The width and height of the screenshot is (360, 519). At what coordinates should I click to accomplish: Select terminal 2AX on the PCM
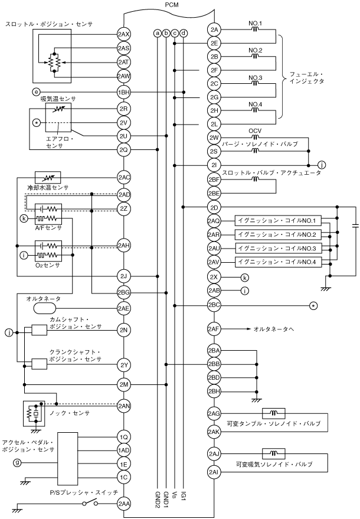124,33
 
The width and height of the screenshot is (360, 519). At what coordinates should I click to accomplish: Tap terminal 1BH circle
124,92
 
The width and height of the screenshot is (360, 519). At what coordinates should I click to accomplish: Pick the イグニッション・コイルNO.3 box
276,248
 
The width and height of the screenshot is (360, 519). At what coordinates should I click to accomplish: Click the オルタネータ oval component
47,308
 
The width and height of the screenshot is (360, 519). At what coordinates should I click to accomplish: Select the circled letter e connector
37,92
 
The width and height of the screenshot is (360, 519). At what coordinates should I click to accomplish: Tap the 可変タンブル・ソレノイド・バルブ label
276,423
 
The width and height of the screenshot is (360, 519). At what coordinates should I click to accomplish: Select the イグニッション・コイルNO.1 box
276,221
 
